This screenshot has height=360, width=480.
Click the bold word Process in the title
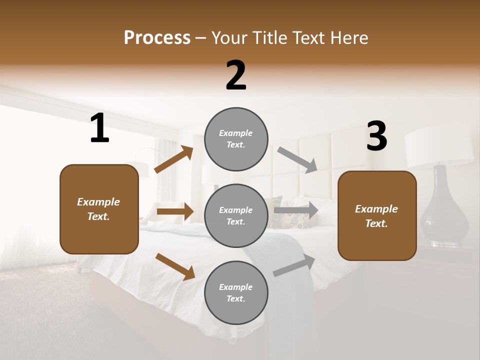tap(157, 38)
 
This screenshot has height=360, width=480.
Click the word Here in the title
tap(348, 38)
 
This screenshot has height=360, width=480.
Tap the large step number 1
tap(99, 128)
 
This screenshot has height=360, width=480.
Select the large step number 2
tap(236, 76)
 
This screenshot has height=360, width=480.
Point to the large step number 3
tap(376, 136)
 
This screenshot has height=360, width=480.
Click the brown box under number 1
tap(99, 209)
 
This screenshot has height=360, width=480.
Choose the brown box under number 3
tap(377, 216)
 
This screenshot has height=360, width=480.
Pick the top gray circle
tap(236, 139)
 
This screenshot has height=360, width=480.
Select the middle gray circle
tap(236, 215)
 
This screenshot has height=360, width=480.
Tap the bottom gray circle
tap(236, 292)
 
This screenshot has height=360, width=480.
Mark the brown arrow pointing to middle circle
tap(175, 211)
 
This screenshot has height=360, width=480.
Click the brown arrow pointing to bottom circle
tap(175, 266)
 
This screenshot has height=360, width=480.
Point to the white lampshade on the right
tap(438, 146)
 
